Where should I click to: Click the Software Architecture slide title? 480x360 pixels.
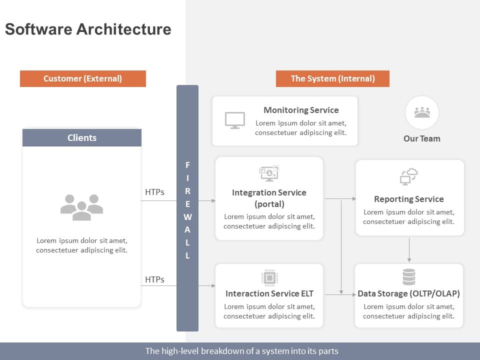point(88,29)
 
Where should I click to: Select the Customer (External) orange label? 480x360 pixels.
point(83,78)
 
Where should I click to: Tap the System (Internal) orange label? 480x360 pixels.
point(332,78)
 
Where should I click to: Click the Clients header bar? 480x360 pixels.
point(82,138)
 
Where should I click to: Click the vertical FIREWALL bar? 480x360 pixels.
point(187,208)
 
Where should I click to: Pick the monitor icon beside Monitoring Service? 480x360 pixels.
point(235,120)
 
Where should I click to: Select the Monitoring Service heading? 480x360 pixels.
point(301,110)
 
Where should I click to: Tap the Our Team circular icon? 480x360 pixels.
point(422,112)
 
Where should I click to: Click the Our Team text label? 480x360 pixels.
point(422,138)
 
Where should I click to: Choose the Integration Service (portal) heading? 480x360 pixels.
point(269,198)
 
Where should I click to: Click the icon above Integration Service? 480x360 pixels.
point(269,173)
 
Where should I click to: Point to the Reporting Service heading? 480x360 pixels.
point(408,199)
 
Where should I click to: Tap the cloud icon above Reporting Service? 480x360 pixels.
point(409,176)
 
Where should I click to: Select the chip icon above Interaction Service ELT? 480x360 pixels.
point(269,277)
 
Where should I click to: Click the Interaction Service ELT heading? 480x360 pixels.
point(269,294)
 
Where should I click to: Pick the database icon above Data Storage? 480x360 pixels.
point(409,276)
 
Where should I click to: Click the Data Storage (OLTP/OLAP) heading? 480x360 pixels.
point(408,294)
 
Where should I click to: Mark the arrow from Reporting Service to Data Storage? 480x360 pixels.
point(409,249)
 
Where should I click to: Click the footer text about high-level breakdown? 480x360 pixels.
point(241,351)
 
